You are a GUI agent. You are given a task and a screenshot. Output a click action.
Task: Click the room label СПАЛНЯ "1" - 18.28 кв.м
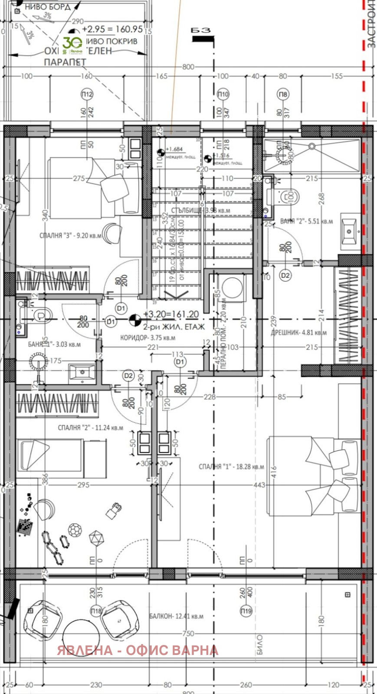(x=231, y=467)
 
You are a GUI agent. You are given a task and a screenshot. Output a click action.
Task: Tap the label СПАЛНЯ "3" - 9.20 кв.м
(x=70, y=236)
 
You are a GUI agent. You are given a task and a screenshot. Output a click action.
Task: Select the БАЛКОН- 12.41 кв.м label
(x=176, y=616)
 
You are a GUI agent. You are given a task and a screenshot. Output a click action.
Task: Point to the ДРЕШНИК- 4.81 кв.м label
(x=299, y=333)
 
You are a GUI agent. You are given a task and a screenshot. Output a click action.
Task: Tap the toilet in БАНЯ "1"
(x=41, y=314)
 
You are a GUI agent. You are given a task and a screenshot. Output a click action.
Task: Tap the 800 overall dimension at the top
(x=188, y=67)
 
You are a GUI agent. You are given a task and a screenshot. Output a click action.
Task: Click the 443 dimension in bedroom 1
(x=259, y=485)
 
